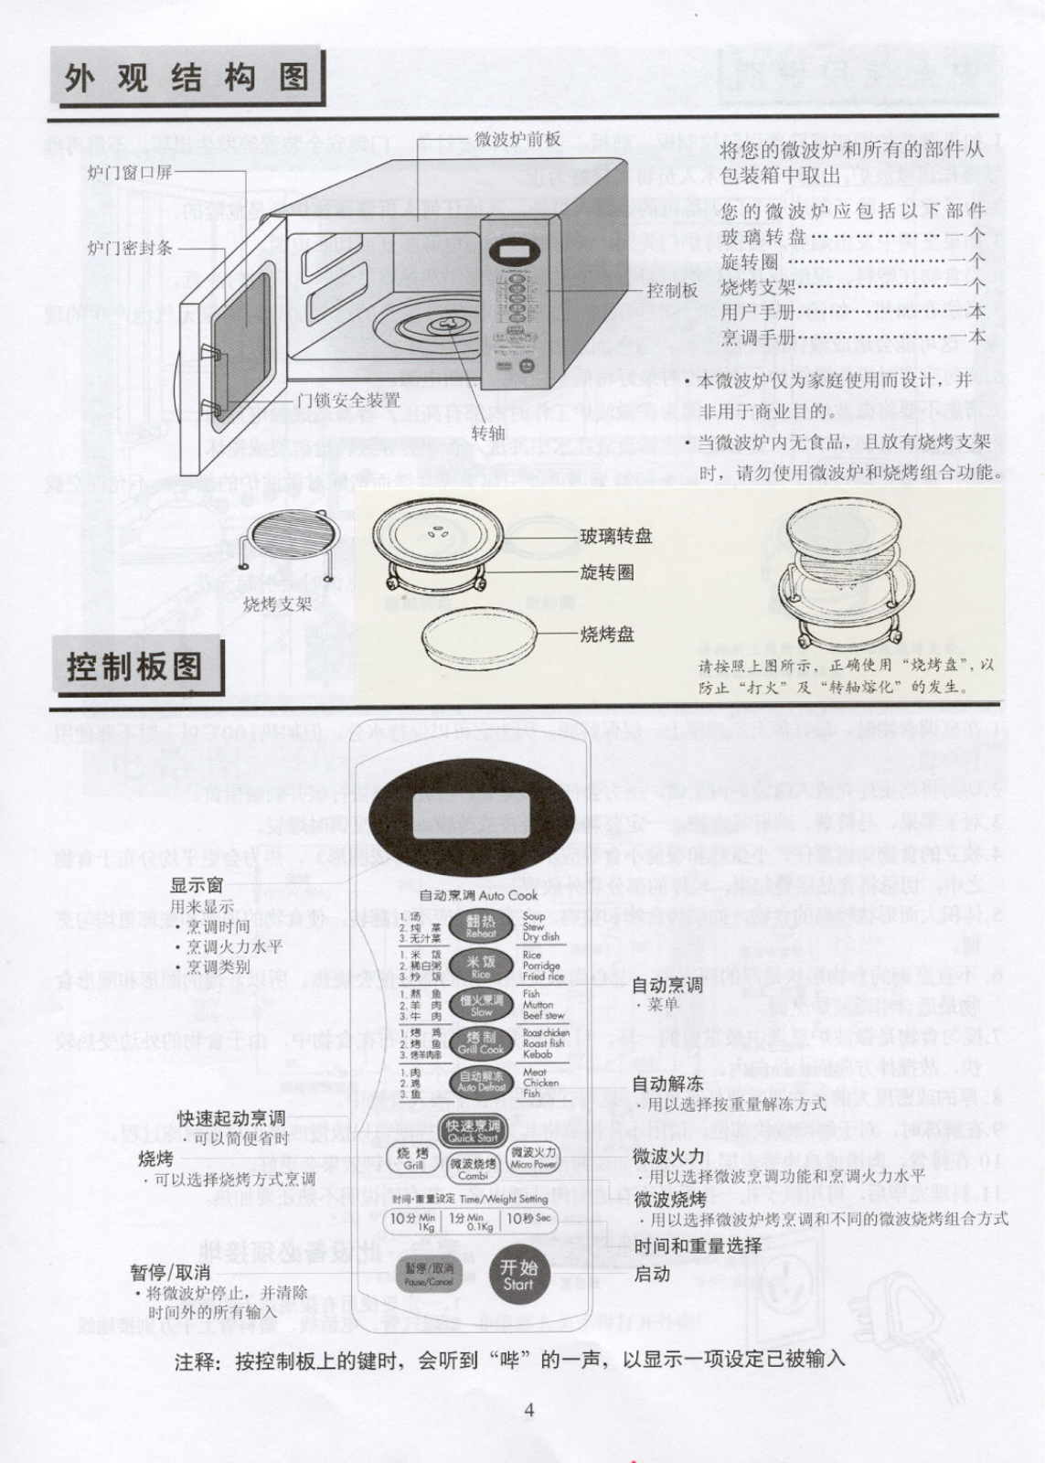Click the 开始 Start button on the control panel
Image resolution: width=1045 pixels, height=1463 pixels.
(x=518, y=1275)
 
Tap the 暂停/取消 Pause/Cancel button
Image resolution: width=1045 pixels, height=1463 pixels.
(x=429, y=1275)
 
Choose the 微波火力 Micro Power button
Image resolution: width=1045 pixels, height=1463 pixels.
(x=534, y=1159)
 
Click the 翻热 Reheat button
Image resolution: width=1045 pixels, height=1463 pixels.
(x=481, y=927)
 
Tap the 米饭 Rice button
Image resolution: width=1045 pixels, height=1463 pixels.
(x=481, y=967)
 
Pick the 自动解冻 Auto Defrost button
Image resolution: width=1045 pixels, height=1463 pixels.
(x=481, y=1083)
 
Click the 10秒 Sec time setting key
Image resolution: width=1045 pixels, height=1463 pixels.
(x=528, y=1220)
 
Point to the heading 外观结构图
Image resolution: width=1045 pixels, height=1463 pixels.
(x=187, y=78)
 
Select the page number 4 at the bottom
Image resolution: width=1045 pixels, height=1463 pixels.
(x=528, y=1410)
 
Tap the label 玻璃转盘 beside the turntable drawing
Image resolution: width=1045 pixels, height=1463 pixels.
(x=616, y=537)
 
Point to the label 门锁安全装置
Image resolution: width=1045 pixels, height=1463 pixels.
(x=348, y=400)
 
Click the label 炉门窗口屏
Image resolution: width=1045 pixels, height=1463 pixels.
(x=129, y=171)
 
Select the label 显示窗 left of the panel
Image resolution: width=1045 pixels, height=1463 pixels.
(x=197, y=884)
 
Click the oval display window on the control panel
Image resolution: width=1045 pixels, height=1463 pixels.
(x=472, y=812)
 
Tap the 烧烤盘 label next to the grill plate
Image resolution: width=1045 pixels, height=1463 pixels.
(x=607, y=634)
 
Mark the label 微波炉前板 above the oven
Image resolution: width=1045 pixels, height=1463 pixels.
(x=517, y=139)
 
